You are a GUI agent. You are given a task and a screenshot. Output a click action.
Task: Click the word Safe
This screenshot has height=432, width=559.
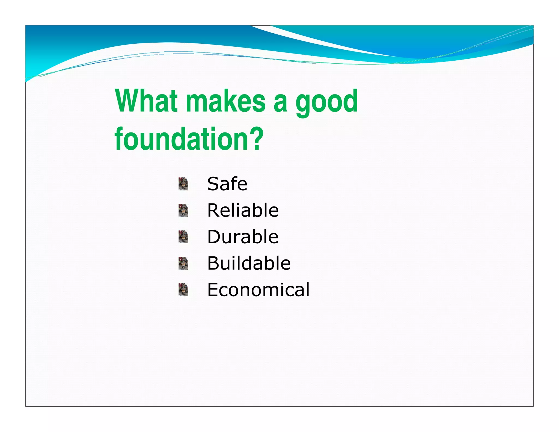(227, 184)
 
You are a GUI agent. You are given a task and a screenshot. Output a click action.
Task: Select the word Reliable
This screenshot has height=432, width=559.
(243, 210)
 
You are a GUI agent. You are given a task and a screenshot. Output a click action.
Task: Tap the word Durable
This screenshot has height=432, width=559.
(243, 237)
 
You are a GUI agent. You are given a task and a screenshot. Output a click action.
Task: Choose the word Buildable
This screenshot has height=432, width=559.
(249, 263)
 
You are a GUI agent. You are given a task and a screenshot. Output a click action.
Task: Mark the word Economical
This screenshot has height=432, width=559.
(258, 290)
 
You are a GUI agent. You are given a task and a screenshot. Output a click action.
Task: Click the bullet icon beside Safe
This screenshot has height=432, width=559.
(183, 184)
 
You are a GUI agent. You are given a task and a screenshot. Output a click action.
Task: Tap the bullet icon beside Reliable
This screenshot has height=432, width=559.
(183, 210)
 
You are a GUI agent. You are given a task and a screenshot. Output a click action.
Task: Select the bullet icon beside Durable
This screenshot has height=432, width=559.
(183, 237)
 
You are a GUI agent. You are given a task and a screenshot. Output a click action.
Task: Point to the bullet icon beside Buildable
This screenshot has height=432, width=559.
(183, 263)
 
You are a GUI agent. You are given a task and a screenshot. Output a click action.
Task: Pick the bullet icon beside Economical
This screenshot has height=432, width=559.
(183, 290)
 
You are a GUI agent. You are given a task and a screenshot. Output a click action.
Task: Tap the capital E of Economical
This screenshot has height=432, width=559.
(213, 289)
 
